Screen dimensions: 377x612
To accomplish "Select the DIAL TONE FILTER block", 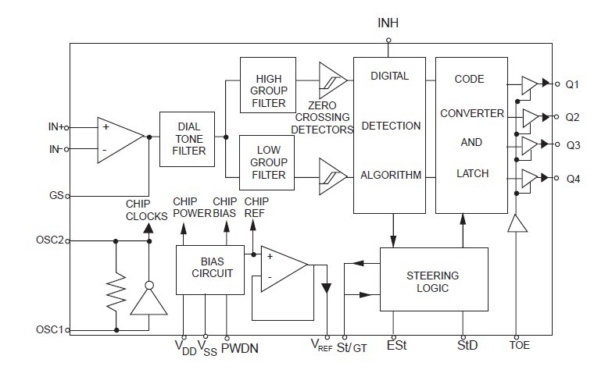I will (x=187, y=139).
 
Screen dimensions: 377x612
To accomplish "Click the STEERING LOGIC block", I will (x=433, y=282).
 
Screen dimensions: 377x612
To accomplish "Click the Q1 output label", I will (x=573, y=84).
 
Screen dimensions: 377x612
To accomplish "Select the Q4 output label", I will (x=573, y=178).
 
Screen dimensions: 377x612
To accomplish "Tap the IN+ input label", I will (x=57, y=126).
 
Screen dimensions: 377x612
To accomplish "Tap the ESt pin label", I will (x=396, y=344).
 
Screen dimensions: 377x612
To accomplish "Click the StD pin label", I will (x=467, y=344).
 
